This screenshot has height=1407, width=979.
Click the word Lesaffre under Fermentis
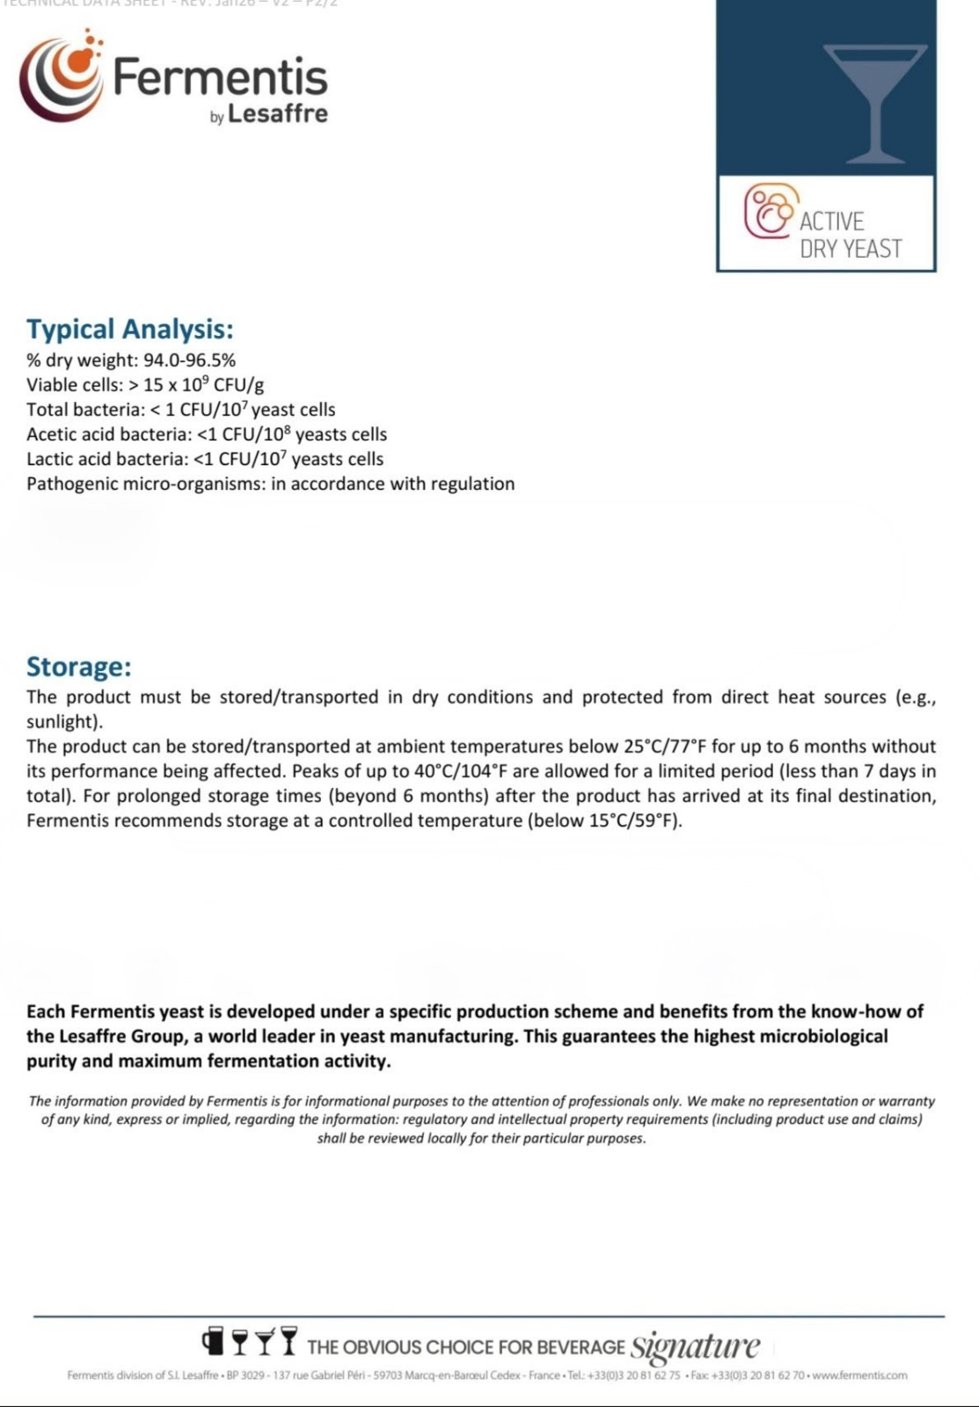pos(277,114)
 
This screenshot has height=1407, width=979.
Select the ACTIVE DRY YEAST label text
pos(850,235)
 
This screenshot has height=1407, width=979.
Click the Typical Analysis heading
pos(130,329)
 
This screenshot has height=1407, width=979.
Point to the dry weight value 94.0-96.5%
pos(189,361)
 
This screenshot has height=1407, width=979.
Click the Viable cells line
pos(145,384)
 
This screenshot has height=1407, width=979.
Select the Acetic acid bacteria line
pos(207,434)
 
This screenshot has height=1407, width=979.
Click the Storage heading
pos(79,667)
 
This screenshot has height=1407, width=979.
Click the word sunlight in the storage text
pos(62,722)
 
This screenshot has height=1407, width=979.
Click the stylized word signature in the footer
pos(695,1346)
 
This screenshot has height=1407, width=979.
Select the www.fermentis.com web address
pos(859,1375)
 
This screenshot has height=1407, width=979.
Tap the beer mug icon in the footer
pos(212,1341)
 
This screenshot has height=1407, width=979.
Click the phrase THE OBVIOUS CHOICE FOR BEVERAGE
pos(465,1347)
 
